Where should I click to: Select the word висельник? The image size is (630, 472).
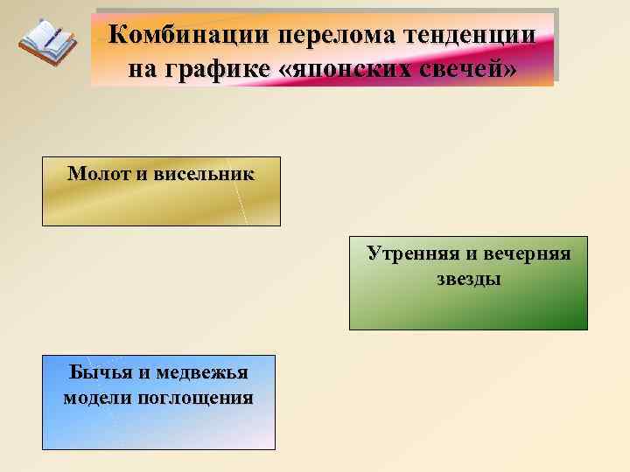(x=204, y=173)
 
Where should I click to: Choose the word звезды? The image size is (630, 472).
(x=468, y=280)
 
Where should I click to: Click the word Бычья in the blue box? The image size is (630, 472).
(x=99, y=373)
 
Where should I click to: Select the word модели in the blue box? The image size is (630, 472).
(x=96, y=399)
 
